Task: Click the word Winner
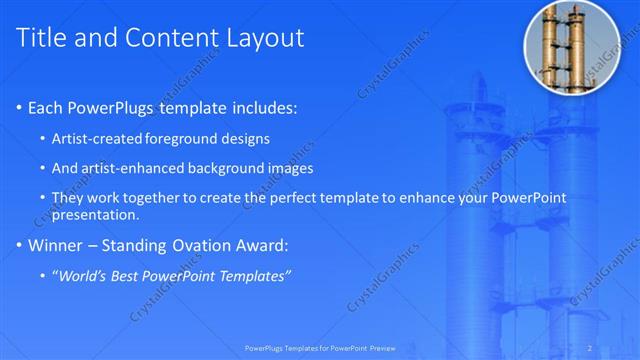point(57,245)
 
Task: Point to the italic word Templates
point(255,275)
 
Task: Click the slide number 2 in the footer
point(590,348)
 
